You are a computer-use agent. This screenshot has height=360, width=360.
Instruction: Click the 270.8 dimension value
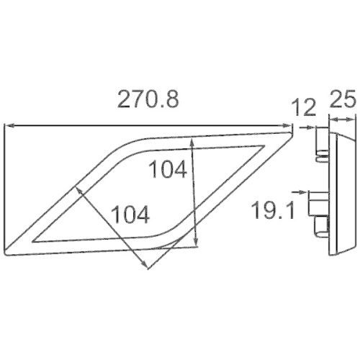coord(148,100)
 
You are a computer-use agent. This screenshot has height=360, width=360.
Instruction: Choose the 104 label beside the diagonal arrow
coord(130,214)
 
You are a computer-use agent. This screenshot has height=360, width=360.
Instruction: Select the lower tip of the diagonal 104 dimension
coord(148,269)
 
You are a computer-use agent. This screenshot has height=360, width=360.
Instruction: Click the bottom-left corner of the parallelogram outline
coord(7,253)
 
